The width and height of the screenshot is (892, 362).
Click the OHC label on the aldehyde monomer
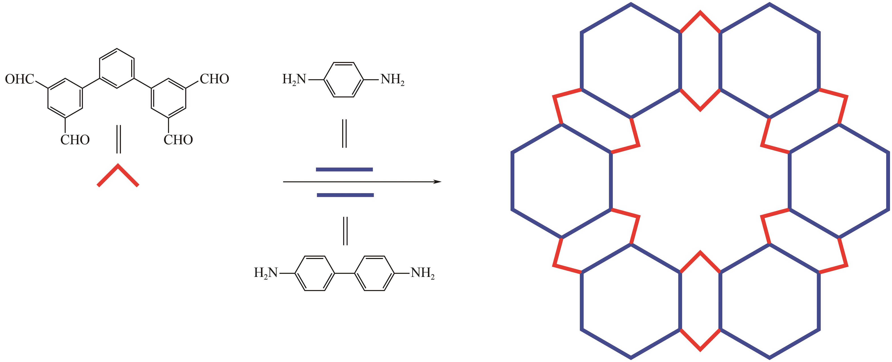(x=20, y=79)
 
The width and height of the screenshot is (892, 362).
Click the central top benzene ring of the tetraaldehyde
(x=117, y=68)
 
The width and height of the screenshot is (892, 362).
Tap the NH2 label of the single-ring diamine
(x=393, y=80)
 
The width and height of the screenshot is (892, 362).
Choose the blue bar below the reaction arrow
(x=345, y=195)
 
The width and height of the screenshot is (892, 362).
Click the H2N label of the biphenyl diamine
(x=266, y=273)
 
